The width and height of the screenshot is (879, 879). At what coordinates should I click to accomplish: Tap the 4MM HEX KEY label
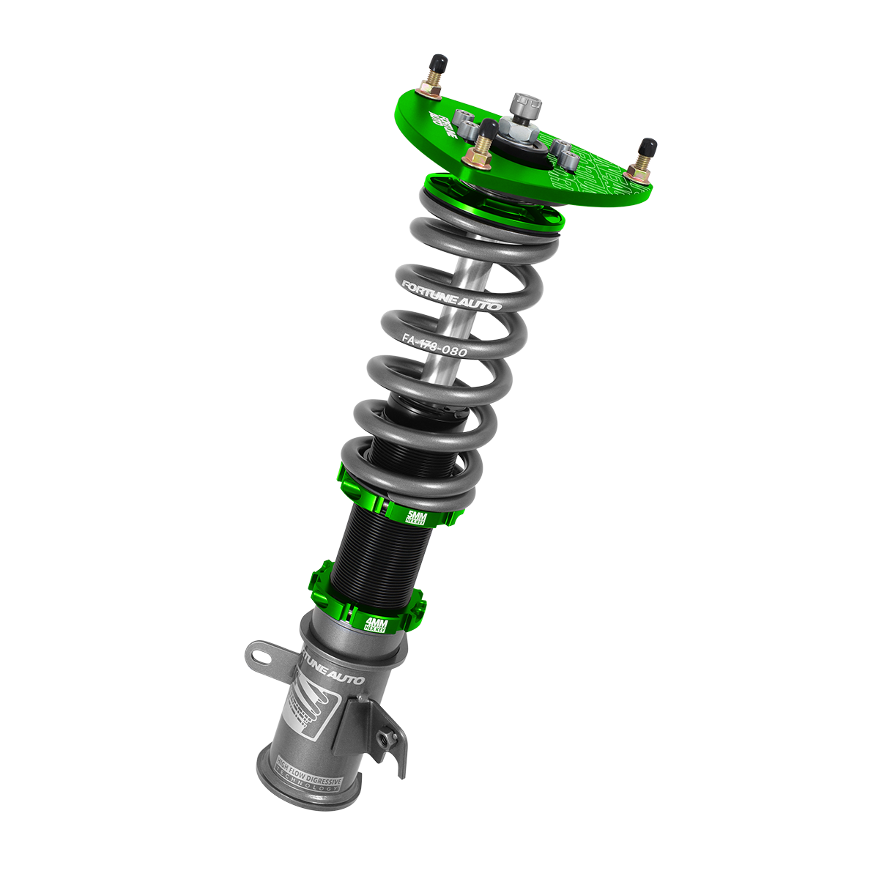pyautogui.click(x=378, y=625)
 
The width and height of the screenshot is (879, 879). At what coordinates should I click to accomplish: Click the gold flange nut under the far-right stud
pyautogui.click(x=637, y=173)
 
